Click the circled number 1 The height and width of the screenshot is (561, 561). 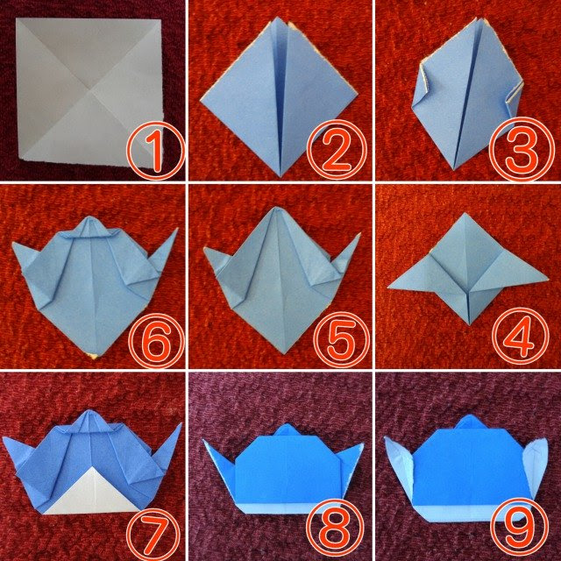pyautogui.click(x=156, y=151)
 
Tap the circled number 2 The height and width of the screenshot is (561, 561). pyautogui.click(x=337, y=150)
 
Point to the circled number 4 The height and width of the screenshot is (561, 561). pyautogui.click(x=521, y=337)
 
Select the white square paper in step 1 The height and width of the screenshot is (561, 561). pyautogui.click(x=89, y=94)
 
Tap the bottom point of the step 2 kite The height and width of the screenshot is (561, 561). pyautogui.click(x=280, y=176)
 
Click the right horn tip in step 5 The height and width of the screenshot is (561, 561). pyautogui.click(x=360, y=234)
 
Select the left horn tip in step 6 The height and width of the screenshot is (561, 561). pyautogui.click(x=13, y=244)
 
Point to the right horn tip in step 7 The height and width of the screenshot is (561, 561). pyautogui.click(x=181, y=423)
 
